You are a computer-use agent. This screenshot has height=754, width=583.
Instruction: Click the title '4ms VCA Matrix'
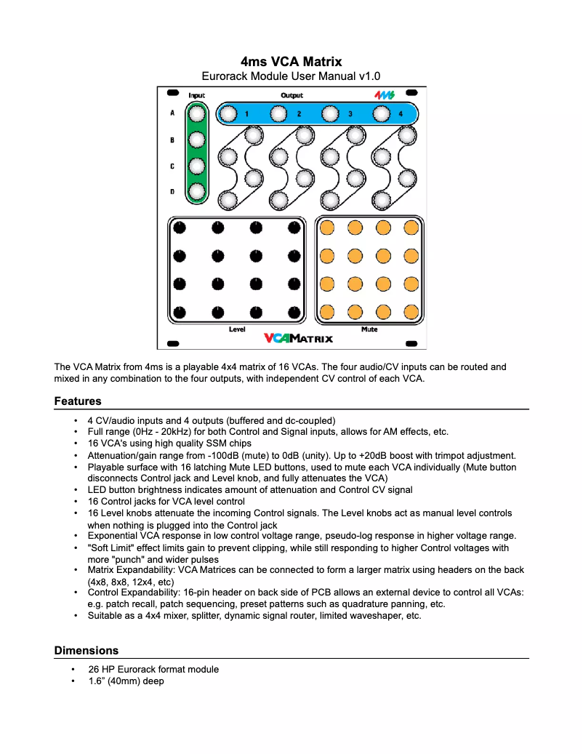coord(291,62)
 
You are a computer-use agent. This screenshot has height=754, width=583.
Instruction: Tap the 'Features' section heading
coord(78,401)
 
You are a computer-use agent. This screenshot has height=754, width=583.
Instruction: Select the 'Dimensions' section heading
coord(86,650)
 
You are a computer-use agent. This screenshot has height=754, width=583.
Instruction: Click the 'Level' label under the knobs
coord(237,329)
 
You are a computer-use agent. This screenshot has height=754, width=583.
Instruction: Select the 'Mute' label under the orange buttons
coord(369,329)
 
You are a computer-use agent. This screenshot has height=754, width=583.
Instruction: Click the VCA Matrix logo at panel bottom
coord(298,338)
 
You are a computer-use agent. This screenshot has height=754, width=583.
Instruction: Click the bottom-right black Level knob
coord(294,312)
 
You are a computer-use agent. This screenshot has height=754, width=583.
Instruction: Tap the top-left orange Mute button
coord(327,228)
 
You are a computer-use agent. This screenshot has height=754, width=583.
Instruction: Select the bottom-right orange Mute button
coord(411,312)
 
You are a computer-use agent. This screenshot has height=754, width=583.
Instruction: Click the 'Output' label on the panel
coord(292,95)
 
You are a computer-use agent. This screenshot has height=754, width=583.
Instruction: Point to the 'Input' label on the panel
coord(197,95)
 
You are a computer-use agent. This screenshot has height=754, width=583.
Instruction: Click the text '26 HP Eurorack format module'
coord(153,669)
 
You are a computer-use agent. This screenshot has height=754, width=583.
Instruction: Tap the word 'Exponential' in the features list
coord(113,535)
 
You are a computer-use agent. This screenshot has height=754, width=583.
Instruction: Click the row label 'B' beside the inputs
coord(172,140)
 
